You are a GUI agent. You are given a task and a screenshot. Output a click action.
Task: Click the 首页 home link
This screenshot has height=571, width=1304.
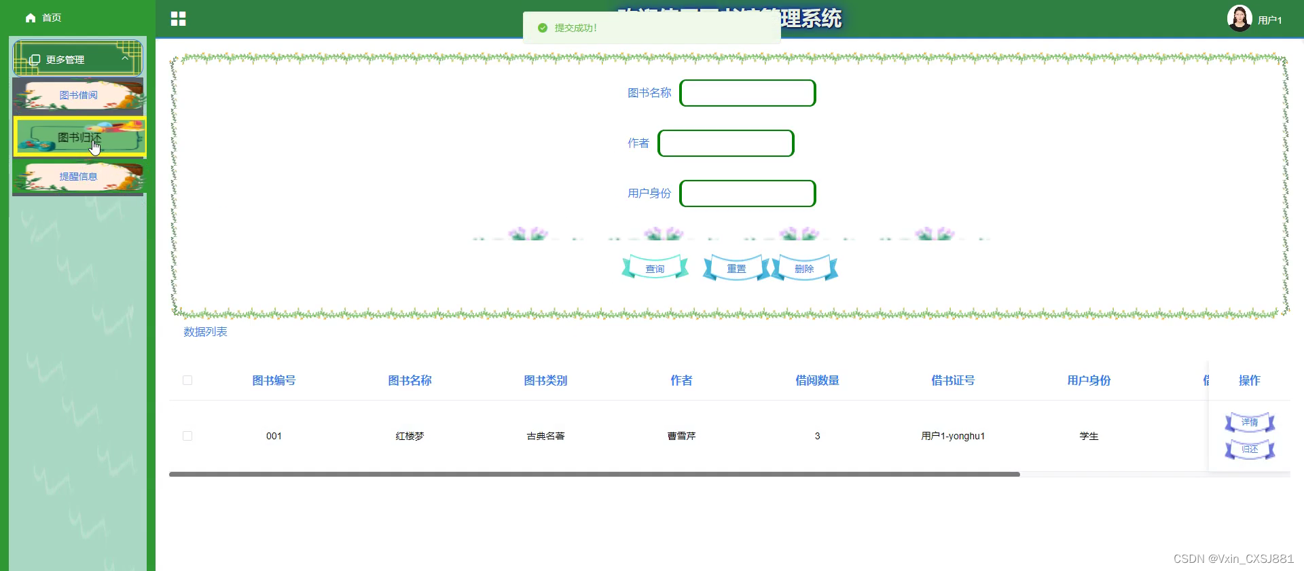43,18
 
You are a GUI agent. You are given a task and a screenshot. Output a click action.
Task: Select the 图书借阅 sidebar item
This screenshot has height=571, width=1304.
78,95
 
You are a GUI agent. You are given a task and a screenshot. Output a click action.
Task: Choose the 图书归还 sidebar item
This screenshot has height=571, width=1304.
79,137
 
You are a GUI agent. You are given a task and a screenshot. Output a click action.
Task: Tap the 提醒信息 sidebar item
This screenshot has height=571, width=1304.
78,177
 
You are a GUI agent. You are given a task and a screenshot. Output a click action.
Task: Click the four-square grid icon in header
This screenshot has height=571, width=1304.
178,19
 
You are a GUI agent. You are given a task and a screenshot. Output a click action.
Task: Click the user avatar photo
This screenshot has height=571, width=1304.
1239,18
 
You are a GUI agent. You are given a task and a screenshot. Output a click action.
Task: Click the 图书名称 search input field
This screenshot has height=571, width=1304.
747,93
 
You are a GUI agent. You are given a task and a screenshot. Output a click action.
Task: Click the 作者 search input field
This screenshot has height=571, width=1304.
725,143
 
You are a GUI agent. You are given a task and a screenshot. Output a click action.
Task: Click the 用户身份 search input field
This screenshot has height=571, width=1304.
747,194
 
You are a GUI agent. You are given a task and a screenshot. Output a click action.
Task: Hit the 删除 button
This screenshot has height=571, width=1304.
804,269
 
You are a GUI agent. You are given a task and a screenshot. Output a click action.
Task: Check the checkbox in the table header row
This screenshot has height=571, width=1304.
187,380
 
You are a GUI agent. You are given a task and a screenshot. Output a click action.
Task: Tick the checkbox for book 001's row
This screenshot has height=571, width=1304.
187,436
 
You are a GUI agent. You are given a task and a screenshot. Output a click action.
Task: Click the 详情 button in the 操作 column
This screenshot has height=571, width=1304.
1249,422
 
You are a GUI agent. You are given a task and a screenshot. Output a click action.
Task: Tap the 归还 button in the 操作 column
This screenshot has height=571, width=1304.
1249,449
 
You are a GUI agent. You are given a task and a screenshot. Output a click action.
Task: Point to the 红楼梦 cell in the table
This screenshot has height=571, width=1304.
410,436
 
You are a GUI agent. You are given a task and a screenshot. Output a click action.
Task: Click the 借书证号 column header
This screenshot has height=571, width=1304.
952,380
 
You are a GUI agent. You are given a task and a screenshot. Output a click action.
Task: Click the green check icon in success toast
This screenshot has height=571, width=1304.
542,28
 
